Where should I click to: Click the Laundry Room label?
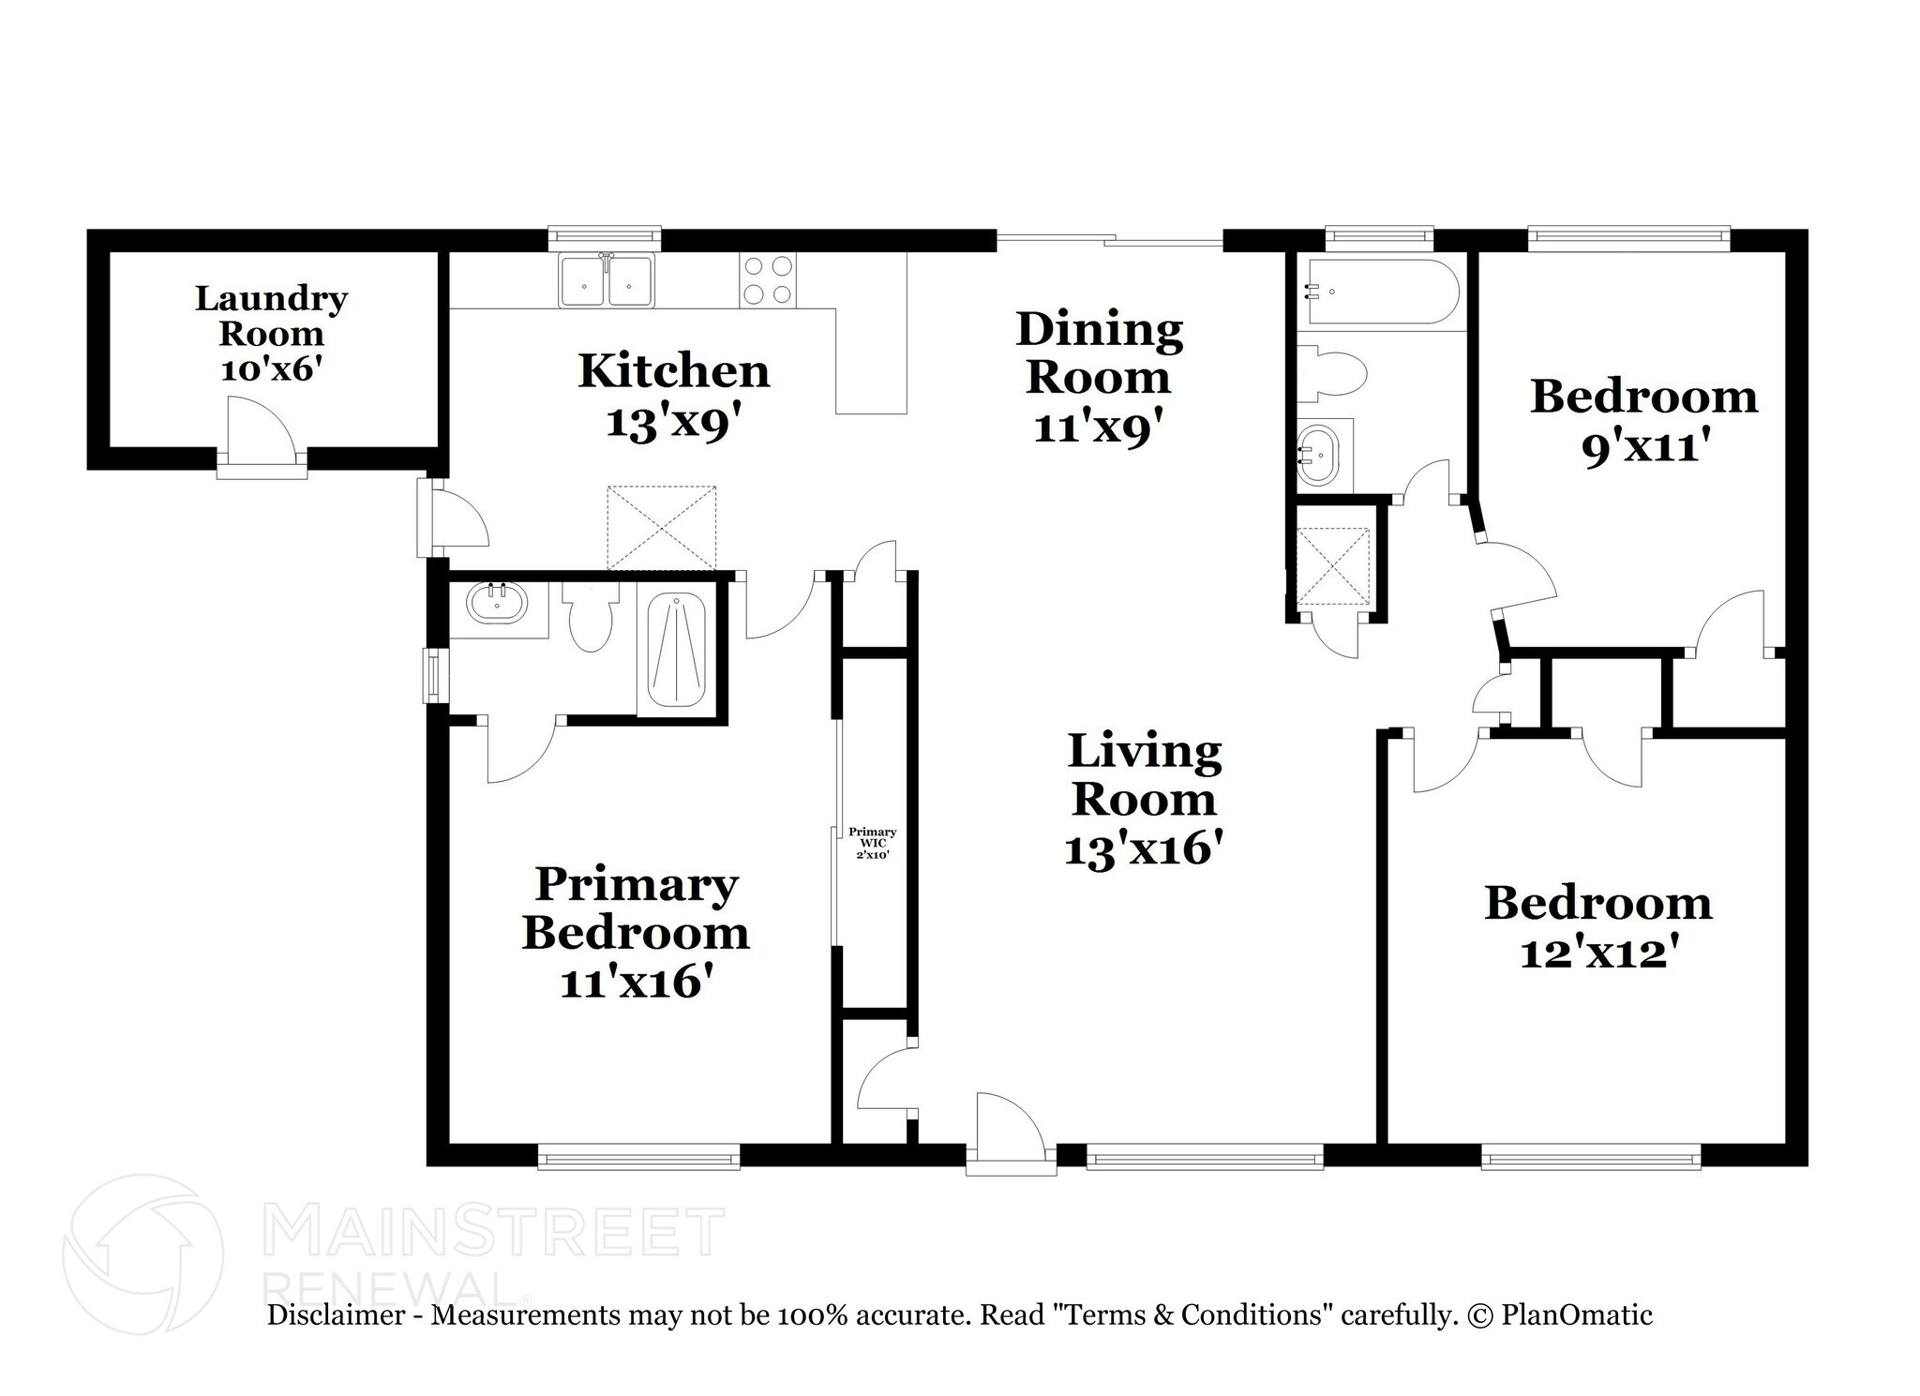click(x=271, y=316)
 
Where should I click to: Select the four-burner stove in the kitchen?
click(x=767, y=280)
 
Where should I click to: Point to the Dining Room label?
click(x=1099, y=353)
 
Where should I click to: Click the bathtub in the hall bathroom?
click(x=1378, y=292)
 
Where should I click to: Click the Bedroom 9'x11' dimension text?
click(x=1642, y=449)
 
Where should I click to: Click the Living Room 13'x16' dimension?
click(x=1144, y=850)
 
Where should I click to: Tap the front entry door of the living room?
click(x=1008, y=1133)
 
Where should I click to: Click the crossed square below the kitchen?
click(x=661, y=528)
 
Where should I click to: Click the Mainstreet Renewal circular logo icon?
click(x=143, y=1253)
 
